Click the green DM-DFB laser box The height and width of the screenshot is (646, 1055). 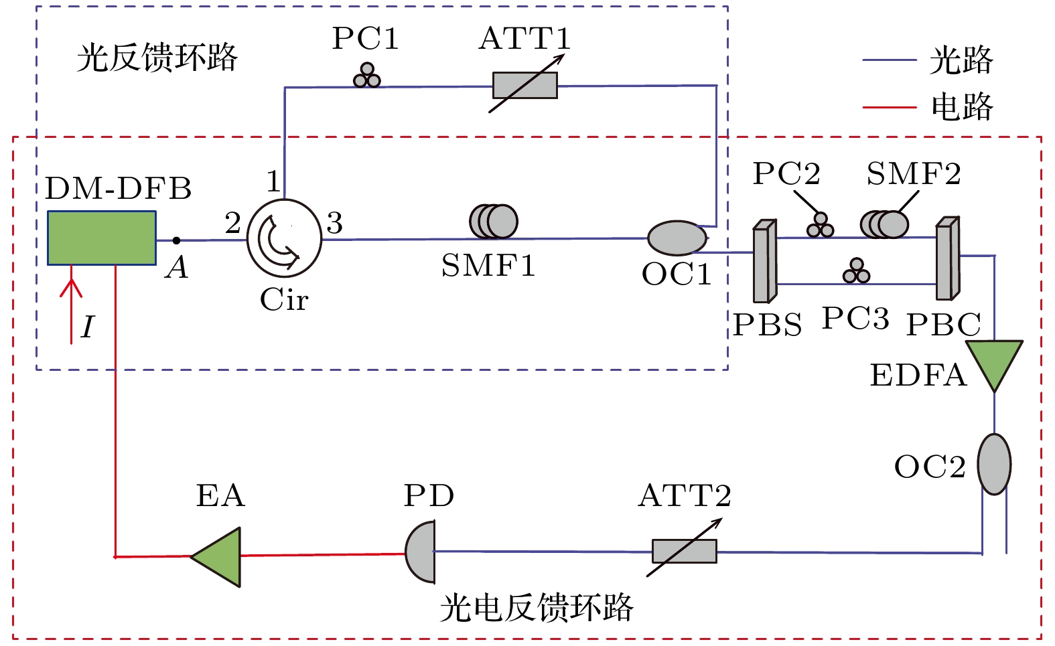pyautogui.click(x=102, y=238)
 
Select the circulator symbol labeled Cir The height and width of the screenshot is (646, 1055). pyautogui.click(x=285, y=238)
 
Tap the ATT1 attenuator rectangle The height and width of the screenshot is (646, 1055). pyautogui.click(x=525, y=86)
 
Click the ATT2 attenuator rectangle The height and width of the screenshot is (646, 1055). pyautogui.click(x=684, y=552)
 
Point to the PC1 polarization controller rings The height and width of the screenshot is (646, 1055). pyautogui.click(x=366, y=76)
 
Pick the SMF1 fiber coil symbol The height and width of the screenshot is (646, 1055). pyautogui.click(x=494, y=221)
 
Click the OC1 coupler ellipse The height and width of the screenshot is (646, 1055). pyautogui.click(x=677, y=238)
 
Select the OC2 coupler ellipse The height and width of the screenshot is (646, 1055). pyautogui.click(x=994, y=464)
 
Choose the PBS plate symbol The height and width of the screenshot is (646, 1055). pyautogui.click(x=764, y=262)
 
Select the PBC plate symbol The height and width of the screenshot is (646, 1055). pyautogui.click(x=947, y=258)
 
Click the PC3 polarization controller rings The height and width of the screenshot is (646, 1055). pyautogui.click(x=856, y=271)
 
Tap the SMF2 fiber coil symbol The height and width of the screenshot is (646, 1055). pyautogui.click(x=885, y=224)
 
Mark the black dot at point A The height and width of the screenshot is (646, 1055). pyautogui.click(x=176, y=240)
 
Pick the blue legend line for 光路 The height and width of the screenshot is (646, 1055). pyautogui.click(x=889, y=60)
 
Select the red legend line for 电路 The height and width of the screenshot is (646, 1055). pyautogui.click(x=889, y=107)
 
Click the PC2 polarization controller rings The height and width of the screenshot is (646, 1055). pyautogui.click(x=820, y=226)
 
